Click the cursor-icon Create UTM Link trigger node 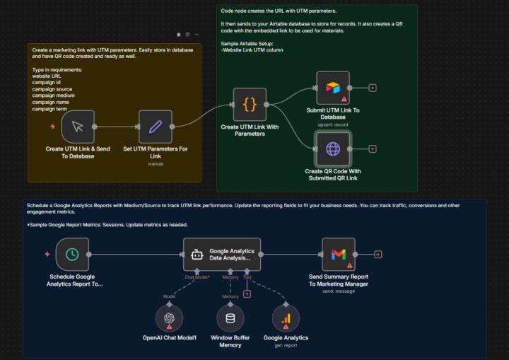pyautogui.click(x=78, y=127)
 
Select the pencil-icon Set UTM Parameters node pyautogui.click(x=156, y=127)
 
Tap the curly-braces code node pyautogui.click(x=250, y=105)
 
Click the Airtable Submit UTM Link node pyautogui.click(x=333, y=88)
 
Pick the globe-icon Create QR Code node pyautogui.click(x=333, y=149)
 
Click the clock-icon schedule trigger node pyautogui.click(x=71, y=255)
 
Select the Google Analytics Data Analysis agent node pyautogui.click(x=222, y=255)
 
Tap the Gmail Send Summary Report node pyautogui.click(x=339, y=255)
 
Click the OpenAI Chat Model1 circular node pyautogui.click(x=169, y=318)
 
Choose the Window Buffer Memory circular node pyautogui.click(x=230, y=318)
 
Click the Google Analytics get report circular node pyautogui.click(x=286, y=318)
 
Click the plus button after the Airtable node pyautogui.click(x=373, y=88)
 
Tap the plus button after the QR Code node pyautogui.click(x=373, y=149)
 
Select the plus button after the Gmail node pyautogui.click(x=378, y=255)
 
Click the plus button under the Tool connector pyautogui.click(x=247, y=294)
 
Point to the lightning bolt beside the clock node pyautogui.click(x=47, y=255)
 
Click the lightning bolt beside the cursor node pyautogui.click(x=52, y=127)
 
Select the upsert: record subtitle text pyautogui.click(x=333, y=124)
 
